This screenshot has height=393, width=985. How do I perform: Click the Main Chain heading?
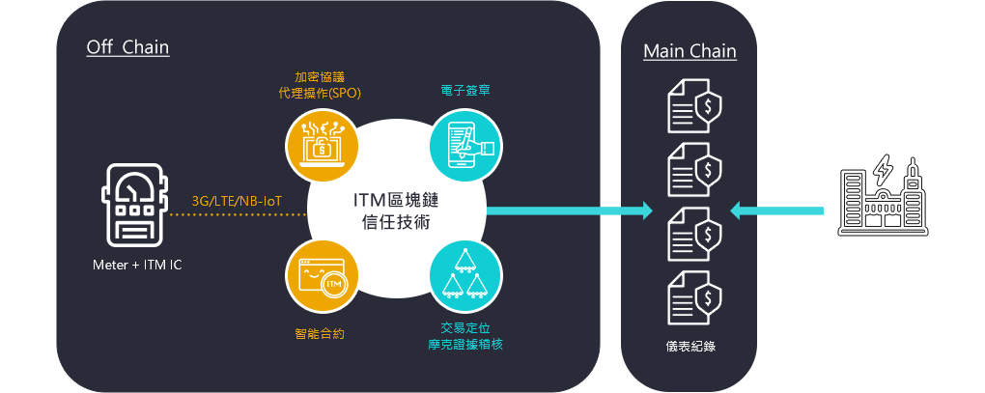pos(689,51)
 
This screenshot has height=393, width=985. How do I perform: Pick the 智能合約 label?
pos(320,333)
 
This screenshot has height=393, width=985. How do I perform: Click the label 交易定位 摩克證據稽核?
pos(465,334)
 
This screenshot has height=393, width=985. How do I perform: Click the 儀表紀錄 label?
pos(689,346)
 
